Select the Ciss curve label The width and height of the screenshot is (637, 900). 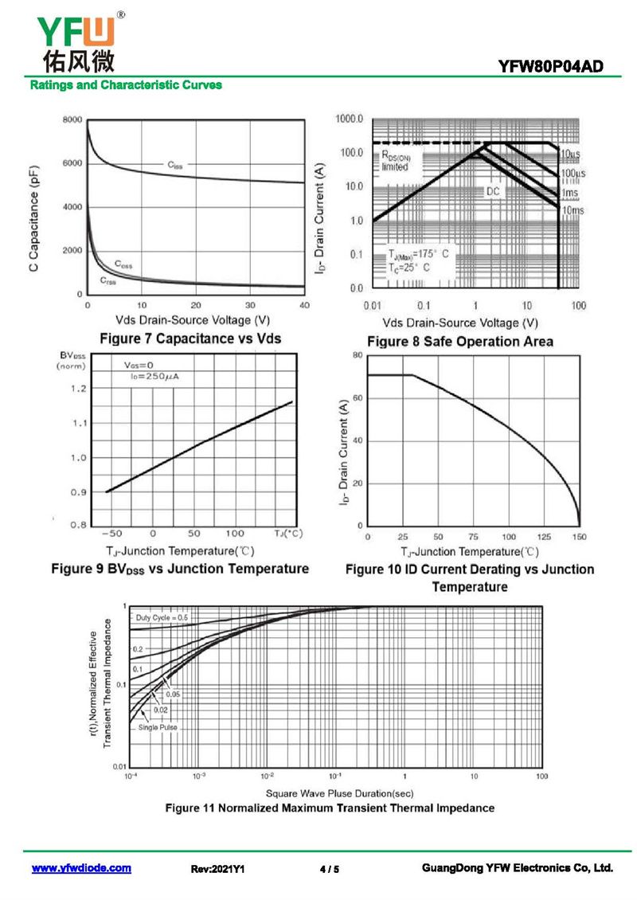175,165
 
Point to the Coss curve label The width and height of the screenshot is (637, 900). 123,264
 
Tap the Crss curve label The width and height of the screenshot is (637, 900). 108,280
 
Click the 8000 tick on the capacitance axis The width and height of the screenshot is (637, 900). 72,120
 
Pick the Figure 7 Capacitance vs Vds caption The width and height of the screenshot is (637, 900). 190,338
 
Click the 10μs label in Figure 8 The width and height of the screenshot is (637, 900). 570,154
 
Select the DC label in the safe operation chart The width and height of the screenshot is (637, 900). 493,192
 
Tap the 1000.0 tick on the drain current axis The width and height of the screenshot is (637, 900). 349,119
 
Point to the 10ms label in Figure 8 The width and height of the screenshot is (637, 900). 572,210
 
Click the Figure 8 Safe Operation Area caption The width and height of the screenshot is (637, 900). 459,342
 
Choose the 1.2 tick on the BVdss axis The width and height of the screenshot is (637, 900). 78,389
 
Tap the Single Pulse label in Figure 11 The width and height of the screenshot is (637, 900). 158,727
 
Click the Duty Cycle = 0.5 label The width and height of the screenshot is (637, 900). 162,617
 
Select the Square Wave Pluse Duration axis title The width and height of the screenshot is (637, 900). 339,792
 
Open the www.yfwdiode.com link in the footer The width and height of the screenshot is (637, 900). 81,868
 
